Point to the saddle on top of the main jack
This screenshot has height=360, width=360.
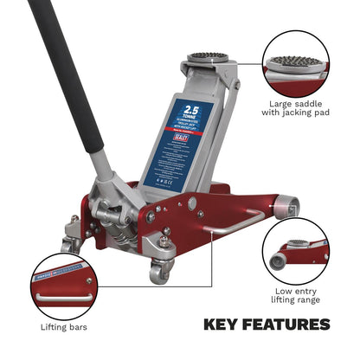click(208, 58)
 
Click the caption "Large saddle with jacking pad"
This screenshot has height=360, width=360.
click(299, 107)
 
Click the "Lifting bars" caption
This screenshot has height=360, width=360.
click(63, 326)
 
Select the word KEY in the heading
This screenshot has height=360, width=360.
click(223, 325)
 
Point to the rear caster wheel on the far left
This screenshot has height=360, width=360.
click(71, 244)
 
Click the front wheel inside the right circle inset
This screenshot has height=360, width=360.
click(279, 260)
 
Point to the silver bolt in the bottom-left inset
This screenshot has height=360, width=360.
click(87, 280)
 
